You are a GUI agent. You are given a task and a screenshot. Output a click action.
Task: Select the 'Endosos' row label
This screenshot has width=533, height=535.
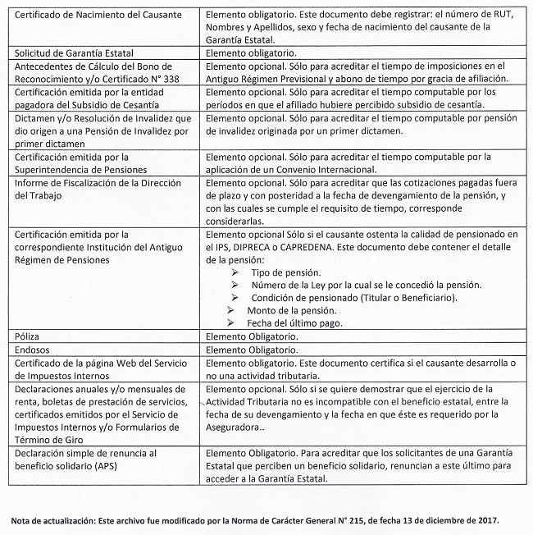tap(34, 350)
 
